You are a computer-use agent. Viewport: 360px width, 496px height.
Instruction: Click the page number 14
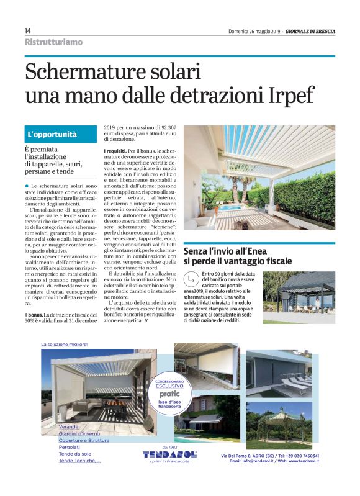[29, 30]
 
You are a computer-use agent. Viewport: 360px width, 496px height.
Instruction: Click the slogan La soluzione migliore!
[65, 343]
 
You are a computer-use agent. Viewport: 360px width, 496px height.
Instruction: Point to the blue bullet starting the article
[27, 186]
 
